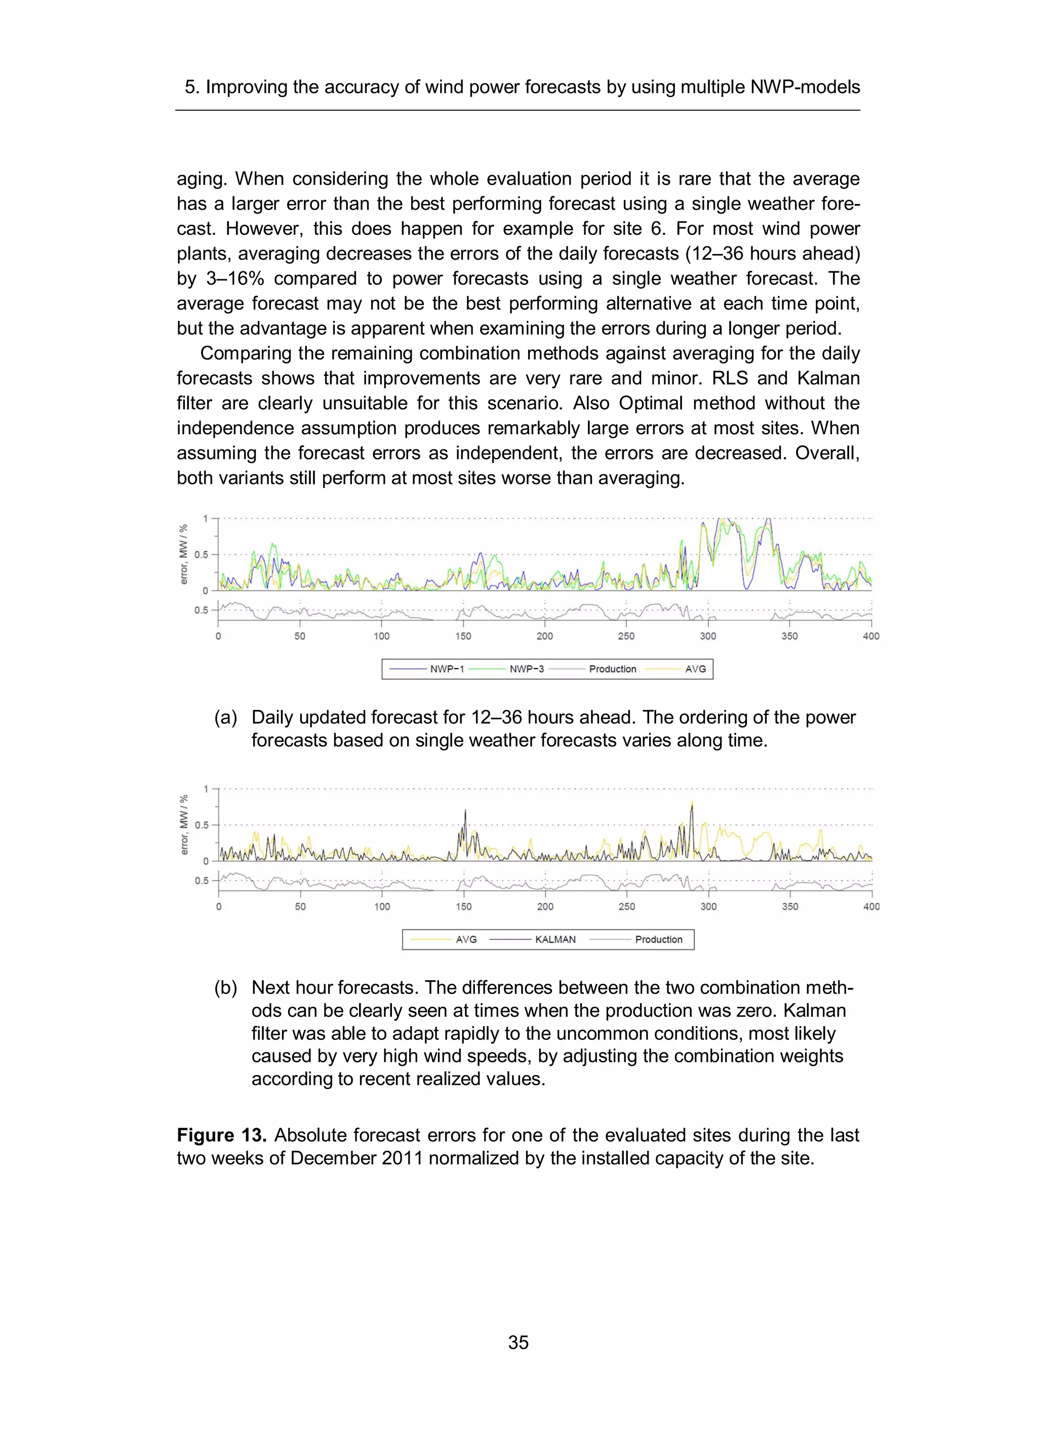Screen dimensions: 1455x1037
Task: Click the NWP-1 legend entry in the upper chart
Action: point(446,669)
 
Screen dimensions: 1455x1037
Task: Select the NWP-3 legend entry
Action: point(526,669)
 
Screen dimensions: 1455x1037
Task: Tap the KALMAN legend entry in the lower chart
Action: point(555,939)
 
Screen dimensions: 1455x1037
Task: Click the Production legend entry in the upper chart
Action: point(612,669)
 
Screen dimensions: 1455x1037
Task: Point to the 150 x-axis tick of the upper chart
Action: point(463,636)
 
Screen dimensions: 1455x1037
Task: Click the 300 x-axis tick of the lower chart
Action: point(708,906)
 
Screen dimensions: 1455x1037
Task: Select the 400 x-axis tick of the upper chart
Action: point(871,636)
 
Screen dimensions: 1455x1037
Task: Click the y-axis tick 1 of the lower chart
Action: point(206,789)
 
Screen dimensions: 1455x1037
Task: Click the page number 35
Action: point(518,1342)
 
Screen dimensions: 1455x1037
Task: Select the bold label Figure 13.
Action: point(221,1135)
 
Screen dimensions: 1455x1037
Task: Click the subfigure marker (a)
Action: point(225,717)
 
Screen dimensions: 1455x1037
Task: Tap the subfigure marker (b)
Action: point(225,988)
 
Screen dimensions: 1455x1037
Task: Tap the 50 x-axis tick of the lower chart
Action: point(300,906)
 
